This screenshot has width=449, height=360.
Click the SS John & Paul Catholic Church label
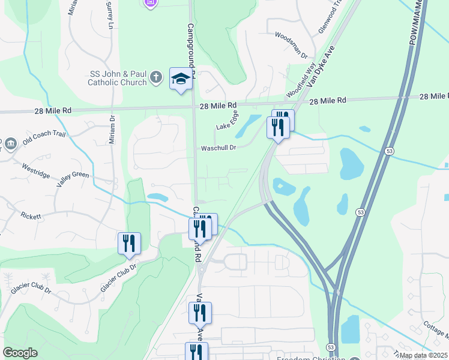[x=118, y=78]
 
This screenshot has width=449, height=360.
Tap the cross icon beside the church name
[x=155, y=77]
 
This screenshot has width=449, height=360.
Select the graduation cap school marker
[x=181, y=79]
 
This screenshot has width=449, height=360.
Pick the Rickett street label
[x=31, y=215]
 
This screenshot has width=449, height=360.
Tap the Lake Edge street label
[x=228, y=122]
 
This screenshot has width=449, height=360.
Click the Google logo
[x=20, y=353]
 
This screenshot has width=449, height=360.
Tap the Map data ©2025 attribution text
[x=423, y=355]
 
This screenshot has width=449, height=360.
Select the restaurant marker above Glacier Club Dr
[x=129, y=242]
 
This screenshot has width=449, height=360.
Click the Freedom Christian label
[x=311, y=358]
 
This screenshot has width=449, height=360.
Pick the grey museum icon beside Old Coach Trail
[x=10, y=144]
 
